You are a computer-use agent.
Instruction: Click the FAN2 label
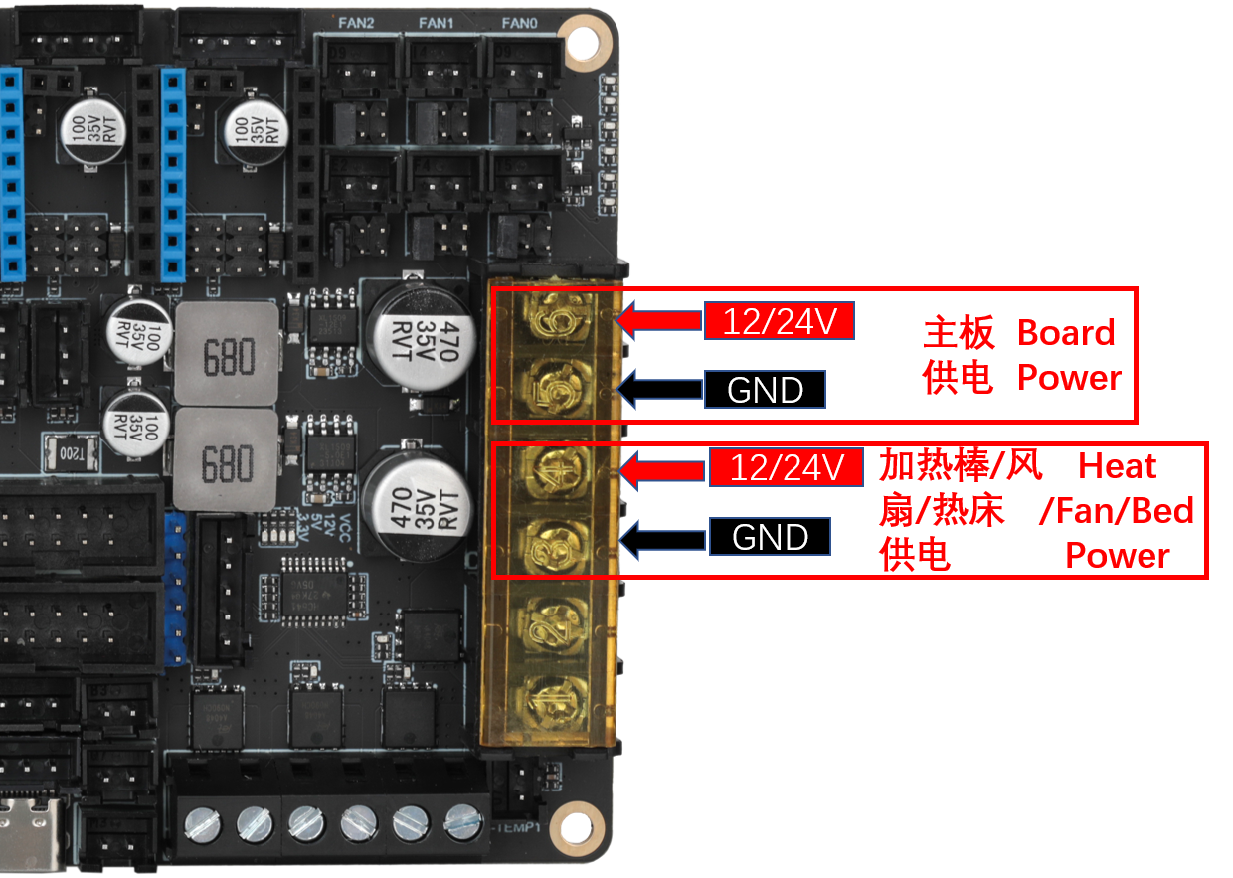pos(355,23)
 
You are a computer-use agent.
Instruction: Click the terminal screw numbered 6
pos(553,317)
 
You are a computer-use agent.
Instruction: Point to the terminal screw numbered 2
pos(553,622)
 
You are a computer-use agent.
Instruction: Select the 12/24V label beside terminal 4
pos(786,467)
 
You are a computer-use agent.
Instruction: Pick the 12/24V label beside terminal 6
pos(780,321)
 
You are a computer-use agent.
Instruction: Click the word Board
pos(1065,333)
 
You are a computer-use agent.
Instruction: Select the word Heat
pos(1118,466)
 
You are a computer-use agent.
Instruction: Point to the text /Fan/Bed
pos(1116,511)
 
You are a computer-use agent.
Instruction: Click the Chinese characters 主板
pos(959,333)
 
